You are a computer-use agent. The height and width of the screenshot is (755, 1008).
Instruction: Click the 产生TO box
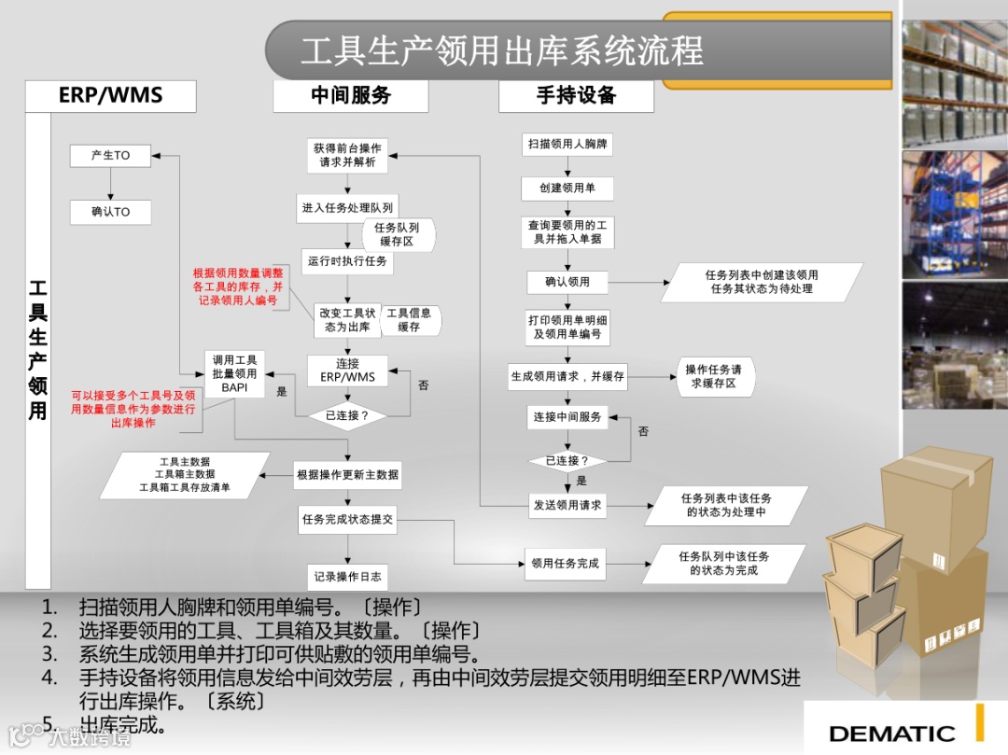pos(110,156)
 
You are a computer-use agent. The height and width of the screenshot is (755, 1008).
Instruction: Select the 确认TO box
pos(110,212)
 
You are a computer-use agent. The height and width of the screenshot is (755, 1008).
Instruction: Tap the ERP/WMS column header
pos(110,95)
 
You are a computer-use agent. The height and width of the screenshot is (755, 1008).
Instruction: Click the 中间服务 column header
pos(350,95)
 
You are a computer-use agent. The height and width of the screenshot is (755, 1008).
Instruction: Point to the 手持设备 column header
pos(576,95)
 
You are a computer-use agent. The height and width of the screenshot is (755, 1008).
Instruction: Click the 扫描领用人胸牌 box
pos(567,145)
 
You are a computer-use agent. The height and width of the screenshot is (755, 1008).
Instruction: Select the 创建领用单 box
pos(567,189)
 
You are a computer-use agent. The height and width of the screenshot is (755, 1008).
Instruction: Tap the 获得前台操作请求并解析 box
pos(347,155)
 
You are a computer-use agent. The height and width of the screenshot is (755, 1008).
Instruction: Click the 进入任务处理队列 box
pos(347,207)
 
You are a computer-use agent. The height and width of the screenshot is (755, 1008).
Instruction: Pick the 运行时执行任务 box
pos(347,261)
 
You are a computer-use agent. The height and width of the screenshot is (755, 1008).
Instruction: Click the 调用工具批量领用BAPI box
pos(235,373)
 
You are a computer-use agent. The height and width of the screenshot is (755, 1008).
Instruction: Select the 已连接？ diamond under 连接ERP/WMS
pos(347,415)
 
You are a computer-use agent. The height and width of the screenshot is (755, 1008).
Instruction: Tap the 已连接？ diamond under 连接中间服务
pos(567,460)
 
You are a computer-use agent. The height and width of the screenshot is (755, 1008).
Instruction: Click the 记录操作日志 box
pos(347,576)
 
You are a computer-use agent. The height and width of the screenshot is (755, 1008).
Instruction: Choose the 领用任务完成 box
pos(566,563)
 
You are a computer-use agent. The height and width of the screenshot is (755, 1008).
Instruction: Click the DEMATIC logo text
pos(891,734)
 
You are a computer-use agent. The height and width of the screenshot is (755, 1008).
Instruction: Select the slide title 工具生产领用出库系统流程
pos(502,50)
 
